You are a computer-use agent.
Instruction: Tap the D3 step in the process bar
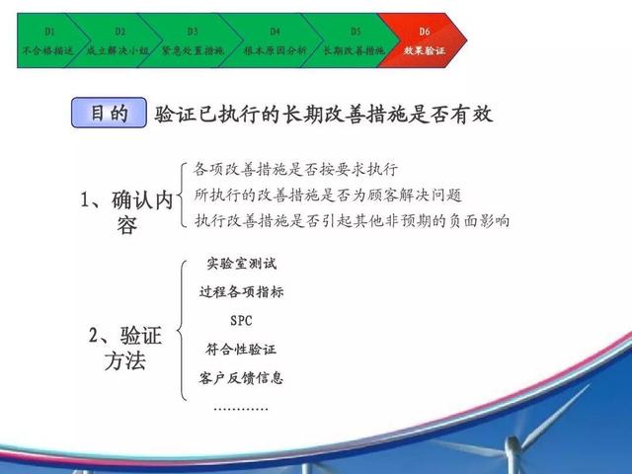[x=193, y=40]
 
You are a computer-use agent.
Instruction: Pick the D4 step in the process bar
[x=275, y=40]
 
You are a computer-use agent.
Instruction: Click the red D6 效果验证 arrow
[x=424, y=40]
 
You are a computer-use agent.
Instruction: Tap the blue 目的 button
[x=109, y=113]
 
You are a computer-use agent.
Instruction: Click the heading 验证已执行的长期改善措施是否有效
[x=323, y=115]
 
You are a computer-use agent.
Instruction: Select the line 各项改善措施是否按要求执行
[x=296, y=169]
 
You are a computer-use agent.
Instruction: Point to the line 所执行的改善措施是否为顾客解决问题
[x=328, y=196]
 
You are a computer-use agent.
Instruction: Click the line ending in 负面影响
[x=353, y=221]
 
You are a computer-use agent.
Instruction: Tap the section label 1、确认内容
[x=126, y=212]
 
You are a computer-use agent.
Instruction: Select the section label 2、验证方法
[x=125, y=348]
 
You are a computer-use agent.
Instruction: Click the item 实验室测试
[x=241, y=264]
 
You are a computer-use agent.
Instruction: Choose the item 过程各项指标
[x=241, y=292]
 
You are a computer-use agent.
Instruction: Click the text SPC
[x=241, y=321]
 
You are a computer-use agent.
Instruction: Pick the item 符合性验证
[x=241, y=349]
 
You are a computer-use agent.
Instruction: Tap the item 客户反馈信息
[x=241, y=378]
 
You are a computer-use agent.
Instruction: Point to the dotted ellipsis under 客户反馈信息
[x=241, y=409]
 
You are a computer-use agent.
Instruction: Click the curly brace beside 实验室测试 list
[x=180, y=331]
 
